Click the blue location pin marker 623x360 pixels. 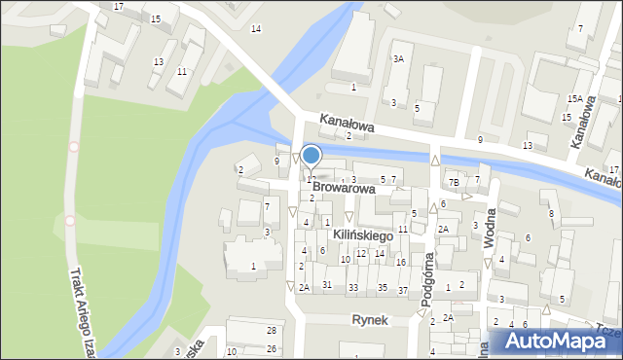click(311, 156)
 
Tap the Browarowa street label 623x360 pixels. click(344, 188)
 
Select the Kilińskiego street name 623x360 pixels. click(362, 235)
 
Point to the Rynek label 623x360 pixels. click(370, 319)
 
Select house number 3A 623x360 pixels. click(398, 59)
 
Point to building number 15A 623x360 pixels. click(575, 98)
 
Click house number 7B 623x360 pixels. click(454, 182)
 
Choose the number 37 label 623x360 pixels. click(403, 291)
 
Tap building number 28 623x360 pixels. click(271, 331)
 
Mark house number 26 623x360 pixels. click(271, 348)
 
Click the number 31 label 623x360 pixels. click(328, 285)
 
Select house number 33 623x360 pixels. click(353, 287)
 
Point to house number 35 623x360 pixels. click(384, 287)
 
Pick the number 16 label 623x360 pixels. click(401, 263)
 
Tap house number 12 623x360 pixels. click(361, 254)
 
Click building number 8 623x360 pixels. click(551, 214)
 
